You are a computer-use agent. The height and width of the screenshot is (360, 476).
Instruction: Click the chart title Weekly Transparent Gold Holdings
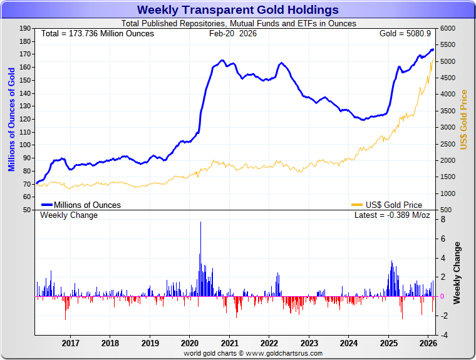click(237, 10)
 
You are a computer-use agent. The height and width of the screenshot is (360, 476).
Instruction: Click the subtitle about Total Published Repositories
click(237, 24)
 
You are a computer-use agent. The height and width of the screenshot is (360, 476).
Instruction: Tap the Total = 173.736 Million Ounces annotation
click(97, 33)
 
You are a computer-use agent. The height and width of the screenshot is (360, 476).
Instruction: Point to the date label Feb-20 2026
click(232, 33)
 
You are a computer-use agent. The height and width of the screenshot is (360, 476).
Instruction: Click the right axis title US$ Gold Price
click(464, 120)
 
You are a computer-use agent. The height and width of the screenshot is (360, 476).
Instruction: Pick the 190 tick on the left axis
click(26, 29)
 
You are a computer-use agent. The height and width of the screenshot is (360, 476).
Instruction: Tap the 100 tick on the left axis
click(26, 145)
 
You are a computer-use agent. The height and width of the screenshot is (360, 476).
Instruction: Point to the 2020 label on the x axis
click(189, 343)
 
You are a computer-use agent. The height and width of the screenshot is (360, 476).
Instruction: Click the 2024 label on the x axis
click(349, 343)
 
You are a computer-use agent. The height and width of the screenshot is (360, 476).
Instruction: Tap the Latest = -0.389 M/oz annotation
click(392, 215)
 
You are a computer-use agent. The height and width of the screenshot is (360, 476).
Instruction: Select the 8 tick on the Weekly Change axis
click(443, 220)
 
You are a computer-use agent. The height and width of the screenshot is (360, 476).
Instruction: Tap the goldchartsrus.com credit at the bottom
click(253, 353)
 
